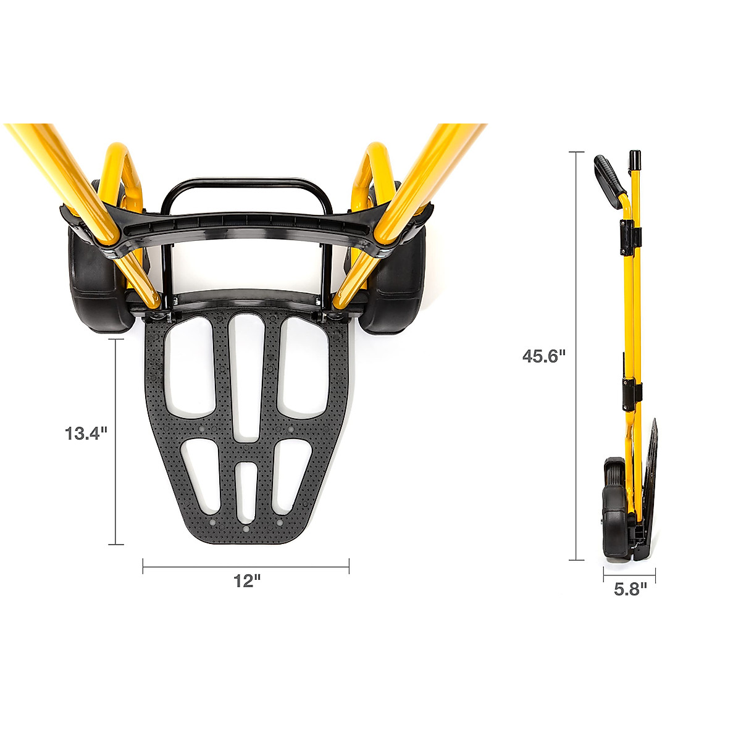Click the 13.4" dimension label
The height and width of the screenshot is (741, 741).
pyautogui.click(x=85, y=433)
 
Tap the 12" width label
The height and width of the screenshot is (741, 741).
pyautogui.click(x=247, y=580)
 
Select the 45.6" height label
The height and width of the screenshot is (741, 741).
pyautogui.click(x=544, y=356)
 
